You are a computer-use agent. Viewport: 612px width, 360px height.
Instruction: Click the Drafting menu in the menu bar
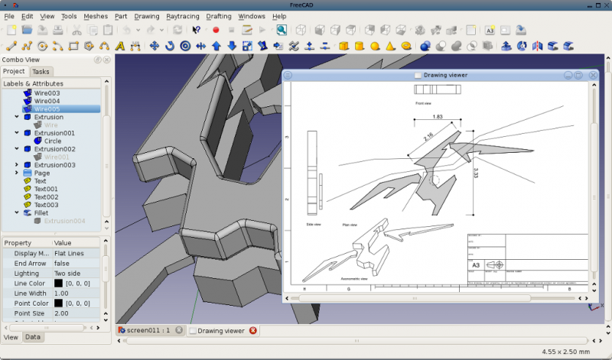(x=219, y=16)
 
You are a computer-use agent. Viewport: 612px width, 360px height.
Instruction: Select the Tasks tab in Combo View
(x=41, y=71)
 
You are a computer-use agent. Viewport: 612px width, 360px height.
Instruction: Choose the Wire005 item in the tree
(x=47, y=109)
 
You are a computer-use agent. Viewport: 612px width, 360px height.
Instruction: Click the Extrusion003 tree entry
(x=54, y=165)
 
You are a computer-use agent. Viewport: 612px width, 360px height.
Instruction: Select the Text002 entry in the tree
(x=46, y=197)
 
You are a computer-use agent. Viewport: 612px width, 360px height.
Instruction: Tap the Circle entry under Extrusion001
(x=53, y=141)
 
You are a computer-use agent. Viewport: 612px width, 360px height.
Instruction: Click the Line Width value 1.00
(x=61, y=294)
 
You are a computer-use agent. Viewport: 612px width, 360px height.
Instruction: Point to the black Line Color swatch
(x=58, y=283)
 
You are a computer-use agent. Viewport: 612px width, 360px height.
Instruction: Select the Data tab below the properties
(x=33, y=337)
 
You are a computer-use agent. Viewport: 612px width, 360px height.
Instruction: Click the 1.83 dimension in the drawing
(x=438, y=117)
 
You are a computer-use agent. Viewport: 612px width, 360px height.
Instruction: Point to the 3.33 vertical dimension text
(x=476, y=172)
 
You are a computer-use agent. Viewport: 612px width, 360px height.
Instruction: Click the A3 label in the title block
(x=476, y=265)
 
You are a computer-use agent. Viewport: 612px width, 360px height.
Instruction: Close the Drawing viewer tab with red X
(x=252, y=331)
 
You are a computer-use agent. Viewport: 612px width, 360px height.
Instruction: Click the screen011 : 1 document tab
(x=148, y=331)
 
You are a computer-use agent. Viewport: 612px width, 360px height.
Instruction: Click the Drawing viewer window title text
(x=445, y=75)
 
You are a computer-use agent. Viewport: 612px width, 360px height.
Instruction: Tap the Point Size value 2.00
(x=61, y=313)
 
